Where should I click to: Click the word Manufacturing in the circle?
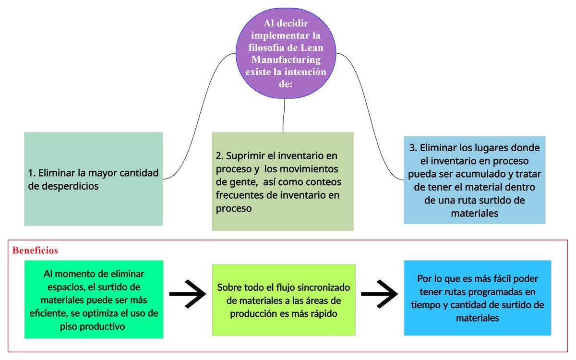click(x=286, y=60)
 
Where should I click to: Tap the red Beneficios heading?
click(x=35, y=250)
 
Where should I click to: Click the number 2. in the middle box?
click(x=220, y=156)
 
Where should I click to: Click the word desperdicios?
click(x=63, y=186)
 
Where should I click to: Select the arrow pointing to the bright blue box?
click(x=379, y=293)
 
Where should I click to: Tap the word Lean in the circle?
click(x=312, y=48)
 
